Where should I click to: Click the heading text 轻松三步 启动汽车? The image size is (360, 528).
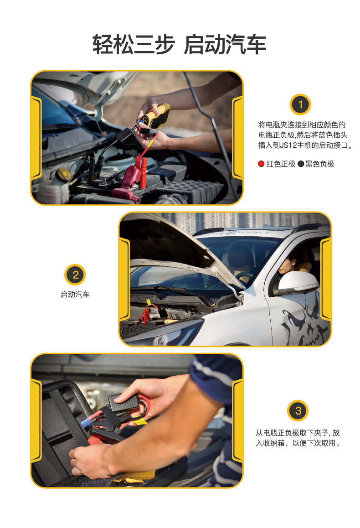180,45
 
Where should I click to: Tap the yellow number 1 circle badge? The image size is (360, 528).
300,104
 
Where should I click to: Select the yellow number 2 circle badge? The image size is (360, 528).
75,275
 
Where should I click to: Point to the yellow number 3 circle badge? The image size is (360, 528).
298,410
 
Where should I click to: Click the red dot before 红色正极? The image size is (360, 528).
261,164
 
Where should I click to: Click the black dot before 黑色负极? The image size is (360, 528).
300,164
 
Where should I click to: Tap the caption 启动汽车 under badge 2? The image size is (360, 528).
75,295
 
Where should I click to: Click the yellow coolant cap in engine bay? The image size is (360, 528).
64,174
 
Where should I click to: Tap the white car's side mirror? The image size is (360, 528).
298,283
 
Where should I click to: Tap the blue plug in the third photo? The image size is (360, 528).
85,422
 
